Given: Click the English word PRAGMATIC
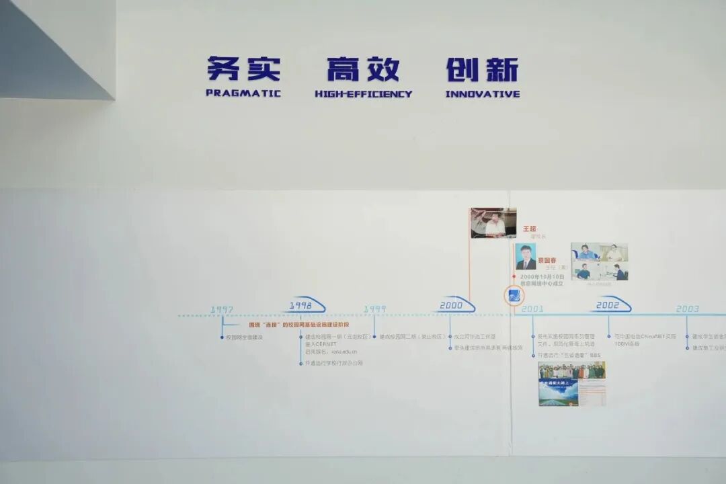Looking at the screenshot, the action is pos(243,93).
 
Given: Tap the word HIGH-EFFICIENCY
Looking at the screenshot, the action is pos(363,94).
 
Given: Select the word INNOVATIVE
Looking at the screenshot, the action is pos(482,94).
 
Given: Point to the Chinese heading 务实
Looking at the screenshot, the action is pos(243,69).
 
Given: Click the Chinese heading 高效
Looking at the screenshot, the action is pos(363,69).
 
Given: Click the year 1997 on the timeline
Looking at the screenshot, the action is pos(222,309).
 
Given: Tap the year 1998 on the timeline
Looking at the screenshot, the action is pos(300,305).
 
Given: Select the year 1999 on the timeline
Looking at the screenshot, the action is pos(375,309).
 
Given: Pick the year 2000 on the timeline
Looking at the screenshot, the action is pos(451,306).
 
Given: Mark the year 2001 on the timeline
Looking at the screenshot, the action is pos(532,309).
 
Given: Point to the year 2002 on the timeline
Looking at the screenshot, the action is pos(607,305).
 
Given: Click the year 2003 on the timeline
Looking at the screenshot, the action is pos(688,309).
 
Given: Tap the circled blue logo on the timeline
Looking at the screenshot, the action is pos(514,296).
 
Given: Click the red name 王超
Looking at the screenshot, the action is pos(530,229).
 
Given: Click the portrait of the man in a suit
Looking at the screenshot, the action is pos(525,256).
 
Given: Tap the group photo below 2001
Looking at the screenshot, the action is pos(571,370).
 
